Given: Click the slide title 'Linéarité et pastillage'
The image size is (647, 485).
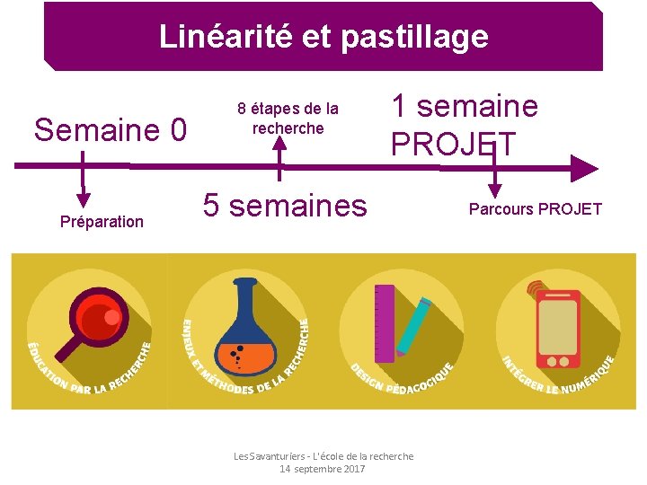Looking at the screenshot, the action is click(x=323, y=37).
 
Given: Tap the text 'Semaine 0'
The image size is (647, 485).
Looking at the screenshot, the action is click(x=110, y=131).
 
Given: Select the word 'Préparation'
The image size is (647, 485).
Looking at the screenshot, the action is click(x=102, y=222).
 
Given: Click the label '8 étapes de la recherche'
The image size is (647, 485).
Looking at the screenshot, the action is click(x=288, y=119).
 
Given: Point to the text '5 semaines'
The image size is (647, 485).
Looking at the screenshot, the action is click(x=285, y=206).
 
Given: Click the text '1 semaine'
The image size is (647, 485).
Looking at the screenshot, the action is click(x=464, y=107).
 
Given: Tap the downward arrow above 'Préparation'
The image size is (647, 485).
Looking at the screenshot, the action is click(x=83, y=199).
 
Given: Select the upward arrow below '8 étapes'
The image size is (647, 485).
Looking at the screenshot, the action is click(x=279, y=149).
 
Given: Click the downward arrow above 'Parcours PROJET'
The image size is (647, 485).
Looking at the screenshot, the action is click(x=492, y=189).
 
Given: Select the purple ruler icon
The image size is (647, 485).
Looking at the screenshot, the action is click(x=385, y=323).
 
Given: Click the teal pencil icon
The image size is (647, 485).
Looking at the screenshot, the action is click(x=413, y=326).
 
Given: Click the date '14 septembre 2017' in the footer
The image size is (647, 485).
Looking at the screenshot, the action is click(x=323, y=469).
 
